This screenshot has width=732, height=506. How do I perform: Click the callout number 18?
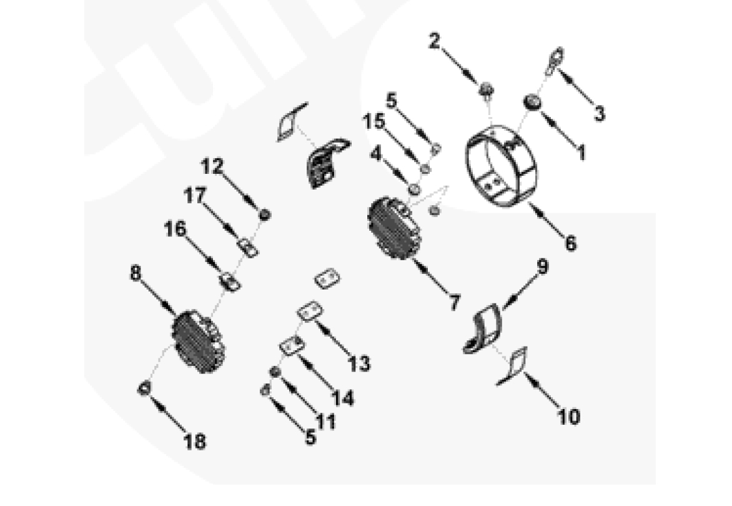195,441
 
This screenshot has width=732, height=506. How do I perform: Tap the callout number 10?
569,417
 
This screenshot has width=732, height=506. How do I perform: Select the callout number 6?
570,243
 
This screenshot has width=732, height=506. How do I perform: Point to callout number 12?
212,166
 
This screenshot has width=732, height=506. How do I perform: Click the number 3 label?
599,114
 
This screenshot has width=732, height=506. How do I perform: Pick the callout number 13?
360,363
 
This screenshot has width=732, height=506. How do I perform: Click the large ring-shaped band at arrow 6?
502,166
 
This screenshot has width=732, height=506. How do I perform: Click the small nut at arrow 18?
144,388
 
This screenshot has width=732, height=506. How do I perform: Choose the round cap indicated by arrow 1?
532,102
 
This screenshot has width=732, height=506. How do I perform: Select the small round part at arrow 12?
265,215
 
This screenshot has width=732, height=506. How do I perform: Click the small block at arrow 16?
229,281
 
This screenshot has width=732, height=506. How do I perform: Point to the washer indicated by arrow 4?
413,190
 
